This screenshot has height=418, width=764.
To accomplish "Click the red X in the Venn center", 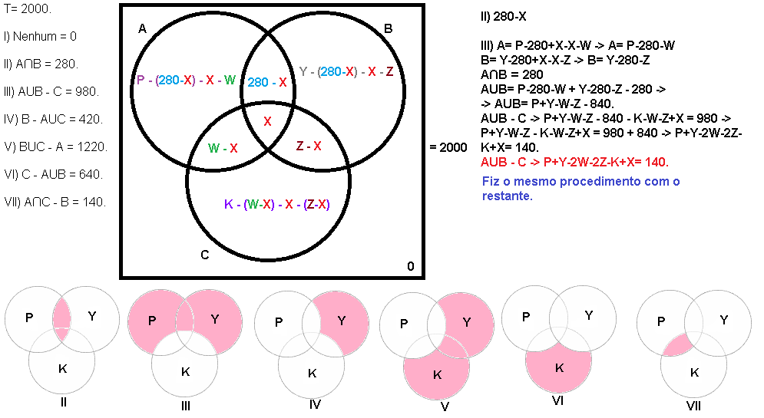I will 267,121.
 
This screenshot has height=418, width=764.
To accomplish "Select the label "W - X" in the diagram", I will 223,147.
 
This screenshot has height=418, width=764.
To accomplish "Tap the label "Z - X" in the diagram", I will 309,146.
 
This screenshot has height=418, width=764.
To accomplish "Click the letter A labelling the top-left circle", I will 142,29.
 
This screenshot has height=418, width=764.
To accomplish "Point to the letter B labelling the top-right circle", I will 388,29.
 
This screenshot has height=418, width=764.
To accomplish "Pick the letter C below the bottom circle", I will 204,255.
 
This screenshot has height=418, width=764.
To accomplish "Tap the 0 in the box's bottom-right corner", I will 410,266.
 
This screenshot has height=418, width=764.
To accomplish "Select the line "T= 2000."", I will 27,8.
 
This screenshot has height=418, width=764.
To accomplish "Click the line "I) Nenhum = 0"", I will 40,36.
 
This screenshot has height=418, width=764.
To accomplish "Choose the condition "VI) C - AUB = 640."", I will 53,174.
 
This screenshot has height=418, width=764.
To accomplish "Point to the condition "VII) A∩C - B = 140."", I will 55,202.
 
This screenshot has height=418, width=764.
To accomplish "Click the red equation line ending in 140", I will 574,162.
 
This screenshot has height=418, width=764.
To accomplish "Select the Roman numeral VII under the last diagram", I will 694,406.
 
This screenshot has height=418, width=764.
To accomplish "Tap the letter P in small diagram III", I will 151,319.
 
